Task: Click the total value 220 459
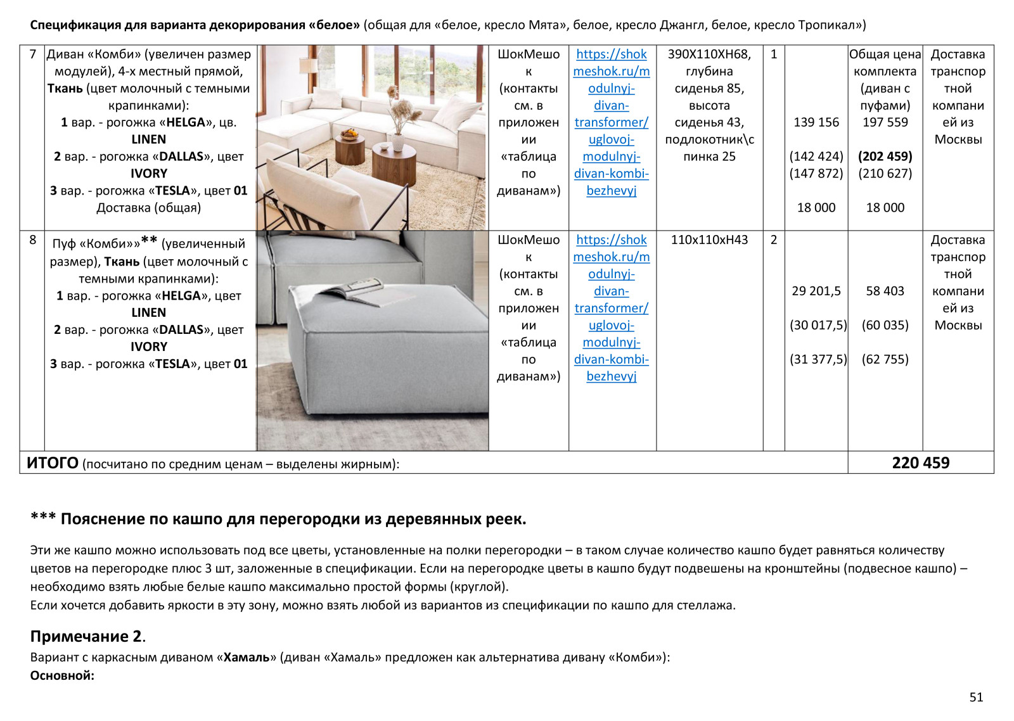pyautogui.click(x=920, y=463)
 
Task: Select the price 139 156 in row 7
pyautogui.click(x=816, y=122)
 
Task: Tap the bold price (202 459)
pyautogui.click(x=885, y=156)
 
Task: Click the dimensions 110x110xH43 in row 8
pyautogui.click(x=709, y=240)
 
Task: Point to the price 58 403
pyautogui.click(x=885, y=291)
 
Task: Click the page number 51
pyautogui.click(x=976, y=697)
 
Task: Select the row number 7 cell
pyautogui.click(x=33, y=54)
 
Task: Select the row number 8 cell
pyautogui.click(x=33, y=240)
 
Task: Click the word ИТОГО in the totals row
pyautogui.click(x=53, y=463)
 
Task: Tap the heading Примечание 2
pyautogui.click(x=87, y=636)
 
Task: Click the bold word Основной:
pyautogui.click(x=62, y=675)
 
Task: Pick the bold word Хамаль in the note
pyautogui.click(x=247, y=657)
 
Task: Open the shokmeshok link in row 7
pyautogui.click(x=611, y=122)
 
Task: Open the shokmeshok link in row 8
pyautogui.click(x=611, y=308)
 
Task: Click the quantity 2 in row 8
pyautogui.click(x=773, y=240)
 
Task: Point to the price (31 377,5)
pyautogui.click(x=818, y=359)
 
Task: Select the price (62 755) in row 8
pyautogui.click(x=885, y=359)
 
